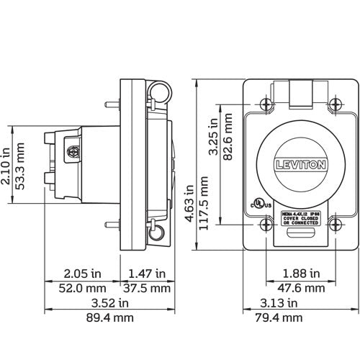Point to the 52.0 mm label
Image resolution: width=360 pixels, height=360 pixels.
(x=81, y=288)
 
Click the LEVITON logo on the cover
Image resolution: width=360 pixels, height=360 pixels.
(x=300, y=165)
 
